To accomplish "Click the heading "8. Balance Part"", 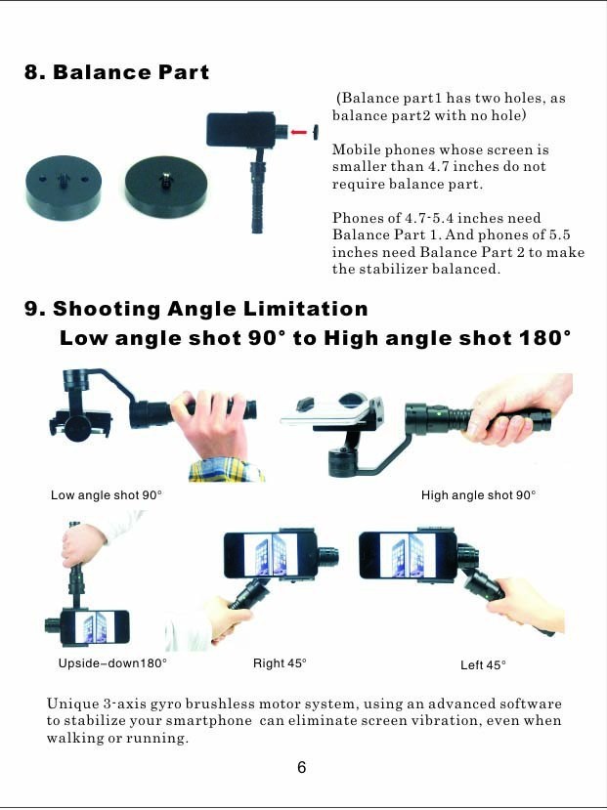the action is [x=116, y=72].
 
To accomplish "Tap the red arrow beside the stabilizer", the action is [x=298, y=132].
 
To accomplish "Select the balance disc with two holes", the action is [x=64, y=188].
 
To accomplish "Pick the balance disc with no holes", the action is [x=166, y=188].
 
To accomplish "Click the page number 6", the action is [x=302, y=768].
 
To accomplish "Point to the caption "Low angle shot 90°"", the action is [x=107, y=494].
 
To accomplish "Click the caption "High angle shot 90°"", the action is [x=478, y=494].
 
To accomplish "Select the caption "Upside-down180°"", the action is [x=112, y=662].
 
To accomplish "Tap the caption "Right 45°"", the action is [x=280, y=662].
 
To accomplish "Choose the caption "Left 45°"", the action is [x=483, y=664].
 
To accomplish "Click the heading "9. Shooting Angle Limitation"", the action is [x=196, y=309].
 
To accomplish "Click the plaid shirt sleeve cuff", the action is [x=226, y=470].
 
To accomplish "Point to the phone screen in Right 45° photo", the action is [x=270, y=555].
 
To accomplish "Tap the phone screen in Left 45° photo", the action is [x=408, y=555].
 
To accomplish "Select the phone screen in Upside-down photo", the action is [x=96, y=627].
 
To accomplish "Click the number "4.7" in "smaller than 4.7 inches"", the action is [x=437, y=166].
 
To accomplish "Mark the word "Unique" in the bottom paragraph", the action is [x=71, y=703].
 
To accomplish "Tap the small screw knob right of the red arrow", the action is [x=315, y=132].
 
